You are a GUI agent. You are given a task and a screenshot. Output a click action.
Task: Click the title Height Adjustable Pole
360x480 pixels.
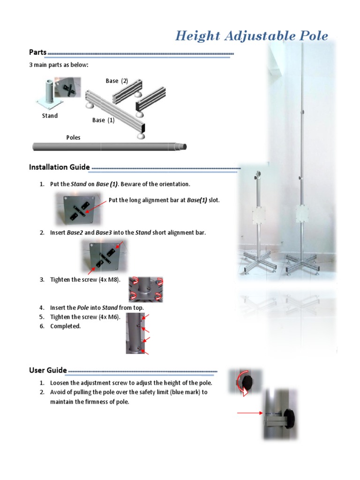click(x=251, y=36)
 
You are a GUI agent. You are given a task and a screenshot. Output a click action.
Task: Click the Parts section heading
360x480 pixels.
click(x=37, y=52)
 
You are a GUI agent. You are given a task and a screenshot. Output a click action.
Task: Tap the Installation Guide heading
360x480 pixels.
click(x=59, y=167)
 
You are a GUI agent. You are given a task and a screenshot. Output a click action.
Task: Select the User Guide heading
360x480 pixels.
click(x=48, y=370)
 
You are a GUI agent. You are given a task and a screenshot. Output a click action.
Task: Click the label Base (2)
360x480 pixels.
click(x=117, y=81)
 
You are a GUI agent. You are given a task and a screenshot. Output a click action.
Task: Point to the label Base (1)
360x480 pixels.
click(x=103, y=120)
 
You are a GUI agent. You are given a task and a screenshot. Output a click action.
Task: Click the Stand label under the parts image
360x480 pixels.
click(x=50, y=116)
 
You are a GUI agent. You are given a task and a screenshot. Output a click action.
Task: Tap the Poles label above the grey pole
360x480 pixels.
click(x=73, y=137)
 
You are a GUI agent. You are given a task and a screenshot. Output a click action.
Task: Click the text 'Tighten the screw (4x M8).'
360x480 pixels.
click(x=85, y=280)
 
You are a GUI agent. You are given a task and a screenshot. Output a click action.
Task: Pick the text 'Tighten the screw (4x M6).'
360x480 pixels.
click(x=85, y=317)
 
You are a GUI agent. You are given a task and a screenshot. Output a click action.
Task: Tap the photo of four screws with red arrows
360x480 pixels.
click(x=146, y=289)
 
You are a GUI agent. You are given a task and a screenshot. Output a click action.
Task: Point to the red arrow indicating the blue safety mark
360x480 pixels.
click(x=249, y=413)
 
